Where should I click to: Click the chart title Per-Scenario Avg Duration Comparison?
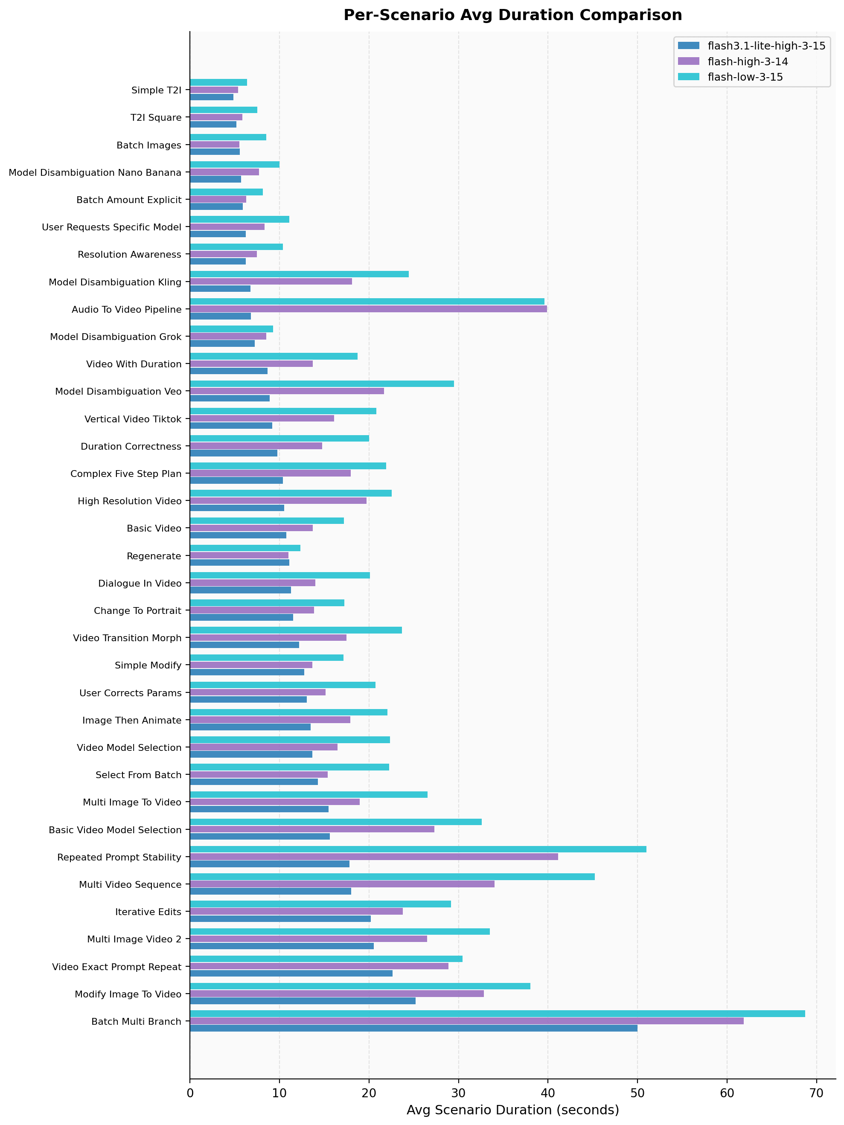pos(512,15)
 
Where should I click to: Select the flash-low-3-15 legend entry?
pos(745,77)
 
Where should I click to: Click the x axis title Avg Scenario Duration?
pos(512,1110)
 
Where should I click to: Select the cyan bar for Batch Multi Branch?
pos(497,1014)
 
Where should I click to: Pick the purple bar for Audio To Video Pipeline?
pos(368,309)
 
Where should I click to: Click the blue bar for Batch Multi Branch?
pos(413,1028)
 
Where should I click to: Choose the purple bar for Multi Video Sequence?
pos(342,884)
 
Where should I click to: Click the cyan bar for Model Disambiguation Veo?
pos(322,384)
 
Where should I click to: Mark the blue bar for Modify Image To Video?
pos(302,1001)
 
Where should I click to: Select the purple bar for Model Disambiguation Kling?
pos(271,281)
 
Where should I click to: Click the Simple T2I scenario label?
pos(156,90)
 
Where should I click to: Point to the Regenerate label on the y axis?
pos(154,556)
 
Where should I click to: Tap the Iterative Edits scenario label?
pos(148,912)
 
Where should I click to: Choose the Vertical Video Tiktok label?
pos(133,419)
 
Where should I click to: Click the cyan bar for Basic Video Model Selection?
pos(335,822)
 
